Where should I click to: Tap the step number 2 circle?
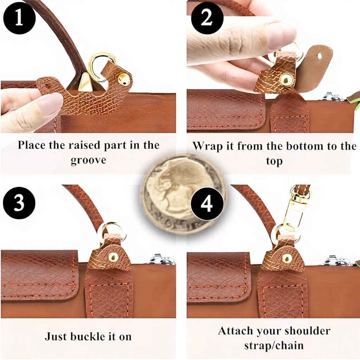tap(207, 19)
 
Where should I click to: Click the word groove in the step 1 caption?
tap(88, 160)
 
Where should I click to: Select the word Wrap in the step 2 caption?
tap(207, 147)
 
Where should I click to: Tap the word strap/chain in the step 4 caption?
tap(274, 346)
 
